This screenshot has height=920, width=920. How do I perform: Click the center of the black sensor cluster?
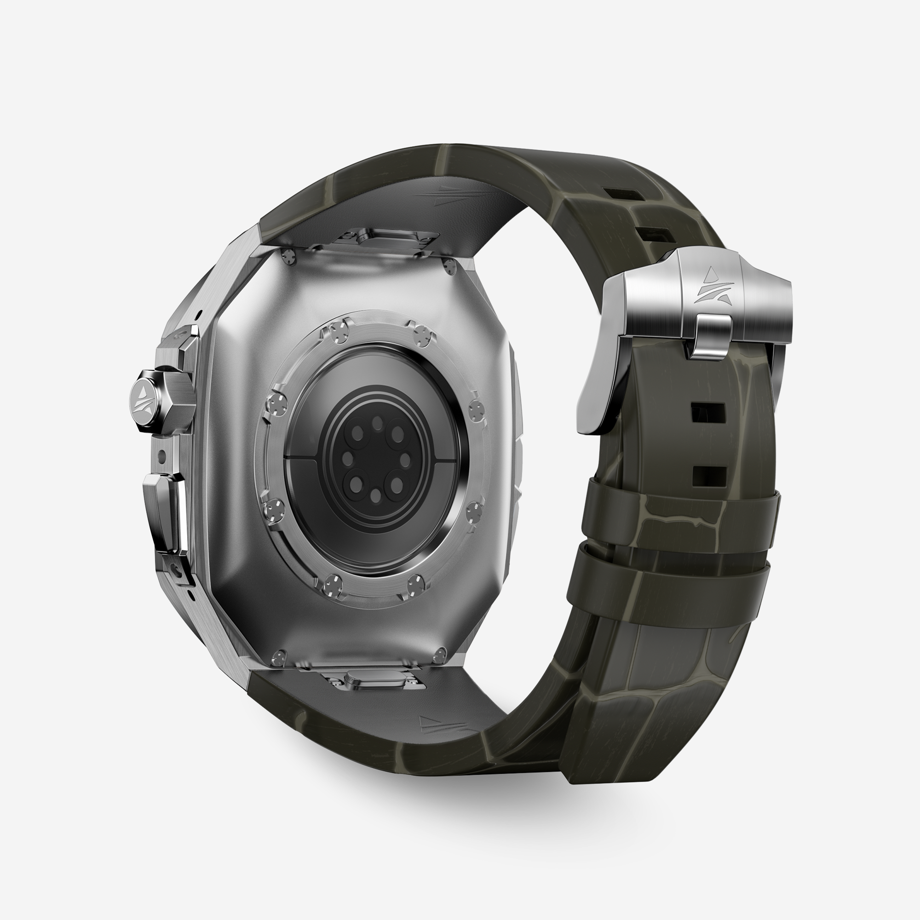376,460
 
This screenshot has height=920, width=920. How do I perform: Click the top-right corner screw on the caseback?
450,267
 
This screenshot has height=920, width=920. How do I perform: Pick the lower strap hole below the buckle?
709,476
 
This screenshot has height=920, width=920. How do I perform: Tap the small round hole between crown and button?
163,454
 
